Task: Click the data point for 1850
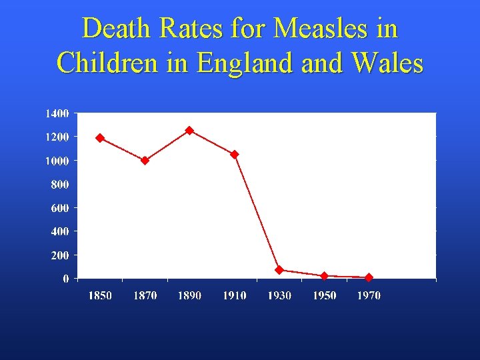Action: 100,138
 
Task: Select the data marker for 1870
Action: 145,160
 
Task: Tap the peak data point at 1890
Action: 189,131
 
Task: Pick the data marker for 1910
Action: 235,155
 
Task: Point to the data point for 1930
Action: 279,270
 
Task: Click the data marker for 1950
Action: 324,275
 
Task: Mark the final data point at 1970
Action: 369,277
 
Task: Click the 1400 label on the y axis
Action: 57,113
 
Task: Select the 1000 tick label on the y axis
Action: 57,161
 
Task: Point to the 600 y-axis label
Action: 59,208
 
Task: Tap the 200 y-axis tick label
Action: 59,255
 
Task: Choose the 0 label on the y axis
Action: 66,279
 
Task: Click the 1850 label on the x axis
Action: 100,295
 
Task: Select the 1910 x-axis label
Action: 235,295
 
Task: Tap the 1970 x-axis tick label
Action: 369,295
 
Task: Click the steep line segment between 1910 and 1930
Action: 257,212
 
